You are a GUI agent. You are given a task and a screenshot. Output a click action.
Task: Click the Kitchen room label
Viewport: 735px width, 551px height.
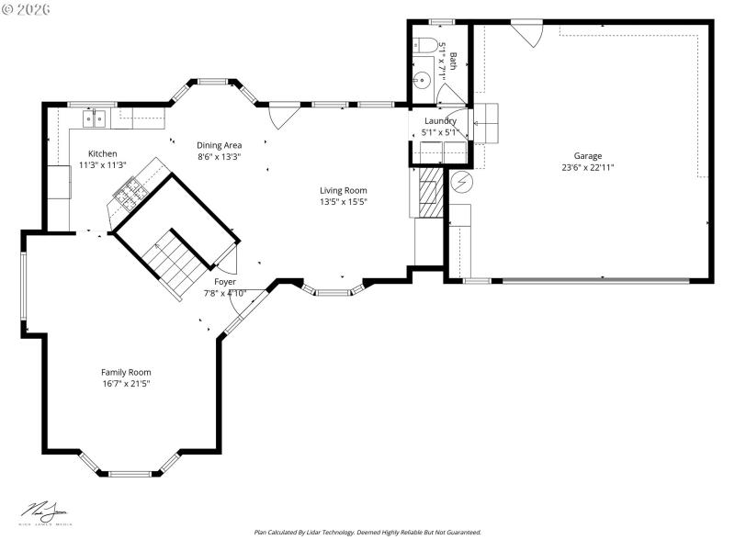tap(102, 153)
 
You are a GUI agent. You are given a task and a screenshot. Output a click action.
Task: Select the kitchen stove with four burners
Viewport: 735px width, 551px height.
tap(127, 193)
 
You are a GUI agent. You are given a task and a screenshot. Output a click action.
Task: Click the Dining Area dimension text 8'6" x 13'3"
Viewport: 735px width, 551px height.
tap(220, 157)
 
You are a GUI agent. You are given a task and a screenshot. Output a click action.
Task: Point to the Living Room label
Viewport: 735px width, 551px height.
tap(343, 190)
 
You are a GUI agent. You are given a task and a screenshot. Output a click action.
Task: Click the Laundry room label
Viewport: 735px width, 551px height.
tap(440, 120)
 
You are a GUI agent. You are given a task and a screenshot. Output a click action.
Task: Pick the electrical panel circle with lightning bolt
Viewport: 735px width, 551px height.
tap(462, 182)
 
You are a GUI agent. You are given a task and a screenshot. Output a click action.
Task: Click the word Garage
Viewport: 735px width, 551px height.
tap(588, 155)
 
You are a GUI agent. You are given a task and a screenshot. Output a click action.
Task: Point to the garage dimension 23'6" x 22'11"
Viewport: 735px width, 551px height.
tap(588, 167)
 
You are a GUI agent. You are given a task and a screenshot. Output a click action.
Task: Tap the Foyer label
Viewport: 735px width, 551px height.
tap(225, 282)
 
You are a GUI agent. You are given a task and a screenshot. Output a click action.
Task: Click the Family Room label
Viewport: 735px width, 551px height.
tap(126, 372)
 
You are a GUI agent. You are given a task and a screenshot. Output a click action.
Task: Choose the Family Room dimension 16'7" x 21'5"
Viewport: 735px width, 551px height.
tap(126, 383)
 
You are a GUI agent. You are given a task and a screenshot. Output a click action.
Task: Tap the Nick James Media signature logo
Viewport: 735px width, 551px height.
tap(45, 512)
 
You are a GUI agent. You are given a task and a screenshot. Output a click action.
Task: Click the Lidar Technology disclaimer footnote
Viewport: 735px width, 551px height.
tap(367, 532)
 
